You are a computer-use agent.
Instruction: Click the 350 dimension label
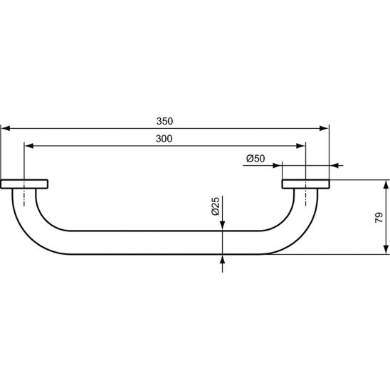coord(164,122)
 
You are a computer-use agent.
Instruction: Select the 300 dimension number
coord(164,139)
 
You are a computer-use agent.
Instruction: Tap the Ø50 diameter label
coord(255,159)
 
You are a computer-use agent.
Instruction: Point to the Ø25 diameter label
coord(216,206)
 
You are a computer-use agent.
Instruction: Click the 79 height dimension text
coord(379,217)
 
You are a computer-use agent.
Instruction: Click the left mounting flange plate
coord(24,184)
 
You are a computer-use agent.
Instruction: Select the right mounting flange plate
coord(306,184)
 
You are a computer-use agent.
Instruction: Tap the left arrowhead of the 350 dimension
coord(6,128)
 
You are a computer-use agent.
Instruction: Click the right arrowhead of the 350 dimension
coord(324,128)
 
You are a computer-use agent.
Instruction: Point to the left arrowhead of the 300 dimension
coord(29,146)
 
